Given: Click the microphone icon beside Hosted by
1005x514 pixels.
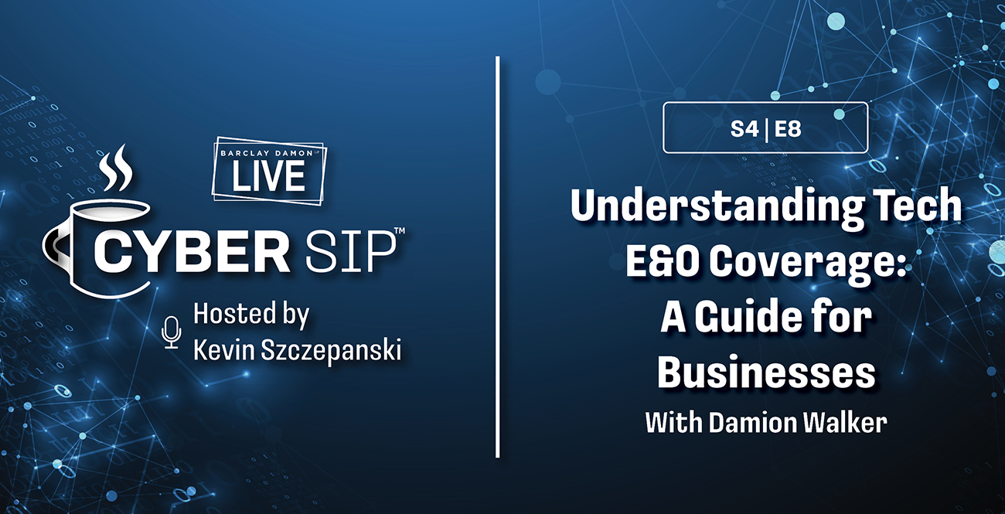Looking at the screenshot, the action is (171, 332).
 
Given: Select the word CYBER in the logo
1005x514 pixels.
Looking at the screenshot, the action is (192, 254).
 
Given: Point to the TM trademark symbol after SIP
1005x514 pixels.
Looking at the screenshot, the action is (399, 230).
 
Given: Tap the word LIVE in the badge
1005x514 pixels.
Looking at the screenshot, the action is (268, 176).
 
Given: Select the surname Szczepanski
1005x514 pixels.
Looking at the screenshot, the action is (331, 351).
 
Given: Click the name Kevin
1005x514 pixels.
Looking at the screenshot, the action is (223, 350).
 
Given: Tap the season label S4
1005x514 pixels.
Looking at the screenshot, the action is (744, 130).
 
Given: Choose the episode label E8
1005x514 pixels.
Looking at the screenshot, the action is (788, 130).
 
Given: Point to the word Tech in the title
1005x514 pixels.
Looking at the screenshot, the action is (918, 205).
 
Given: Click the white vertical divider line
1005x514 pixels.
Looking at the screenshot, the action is (498, 257).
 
